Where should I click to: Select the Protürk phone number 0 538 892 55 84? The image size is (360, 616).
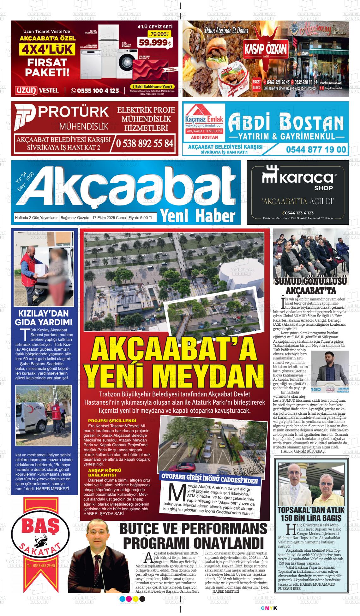coord(145,143)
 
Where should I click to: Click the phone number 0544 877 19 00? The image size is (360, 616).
coord(316,149)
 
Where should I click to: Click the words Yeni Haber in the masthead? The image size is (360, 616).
coord(198,216)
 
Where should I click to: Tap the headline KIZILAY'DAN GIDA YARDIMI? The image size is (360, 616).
coord(44,318)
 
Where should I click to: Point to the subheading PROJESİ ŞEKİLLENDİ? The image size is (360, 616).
coord(112,421)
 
